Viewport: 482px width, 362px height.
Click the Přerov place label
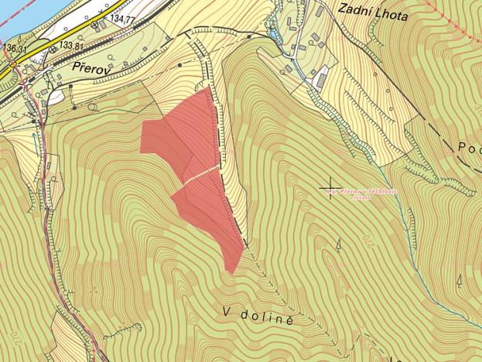[x=88, y=68]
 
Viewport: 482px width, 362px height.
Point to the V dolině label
[x=259, y=313]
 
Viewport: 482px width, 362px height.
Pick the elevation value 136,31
[x=15, y=48]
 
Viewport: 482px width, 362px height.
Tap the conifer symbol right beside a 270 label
[x=338, y=246]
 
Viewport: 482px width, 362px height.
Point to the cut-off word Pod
[x=470, y=147]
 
